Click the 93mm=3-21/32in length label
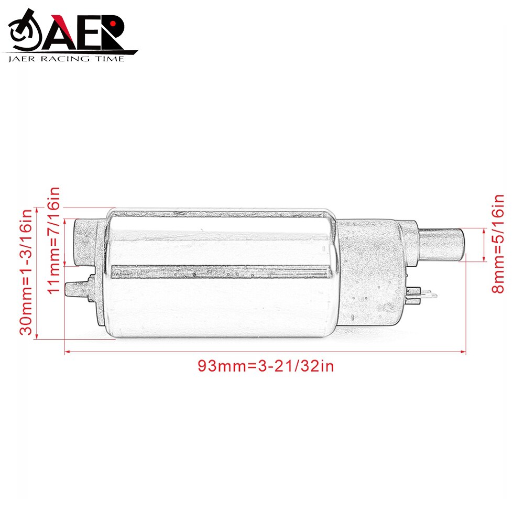265,366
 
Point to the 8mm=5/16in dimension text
498,244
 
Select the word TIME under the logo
111,59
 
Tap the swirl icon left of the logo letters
24,35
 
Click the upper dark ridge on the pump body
220,214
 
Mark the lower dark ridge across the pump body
220,271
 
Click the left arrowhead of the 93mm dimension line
67,352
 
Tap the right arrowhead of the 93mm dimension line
464,352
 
